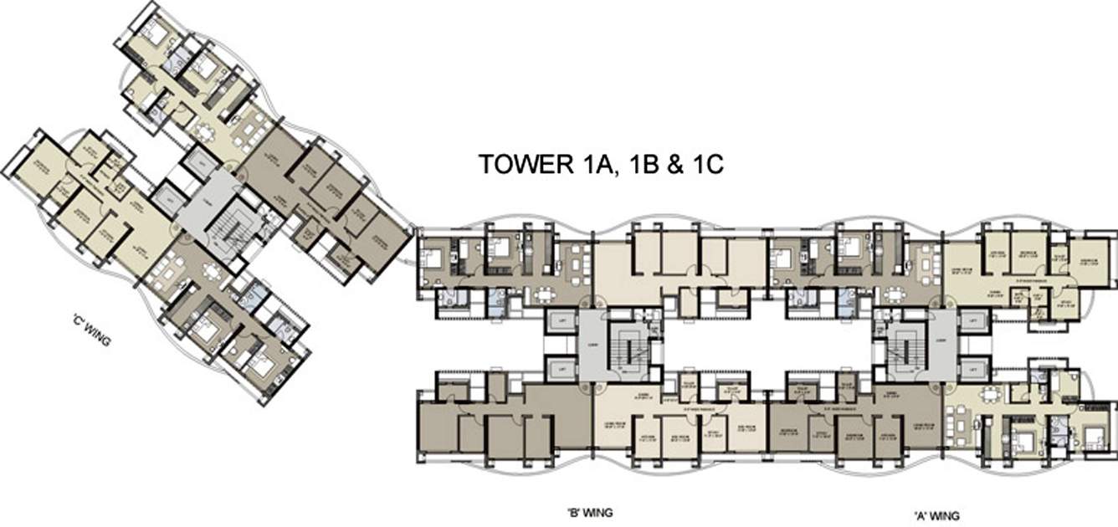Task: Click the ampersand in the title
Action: coord(675,164)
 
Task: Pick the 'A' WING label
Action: coord(936,514)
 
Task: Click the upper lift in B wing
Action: coord(560,321)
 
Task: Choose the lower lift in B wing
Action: coord(560,367)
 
